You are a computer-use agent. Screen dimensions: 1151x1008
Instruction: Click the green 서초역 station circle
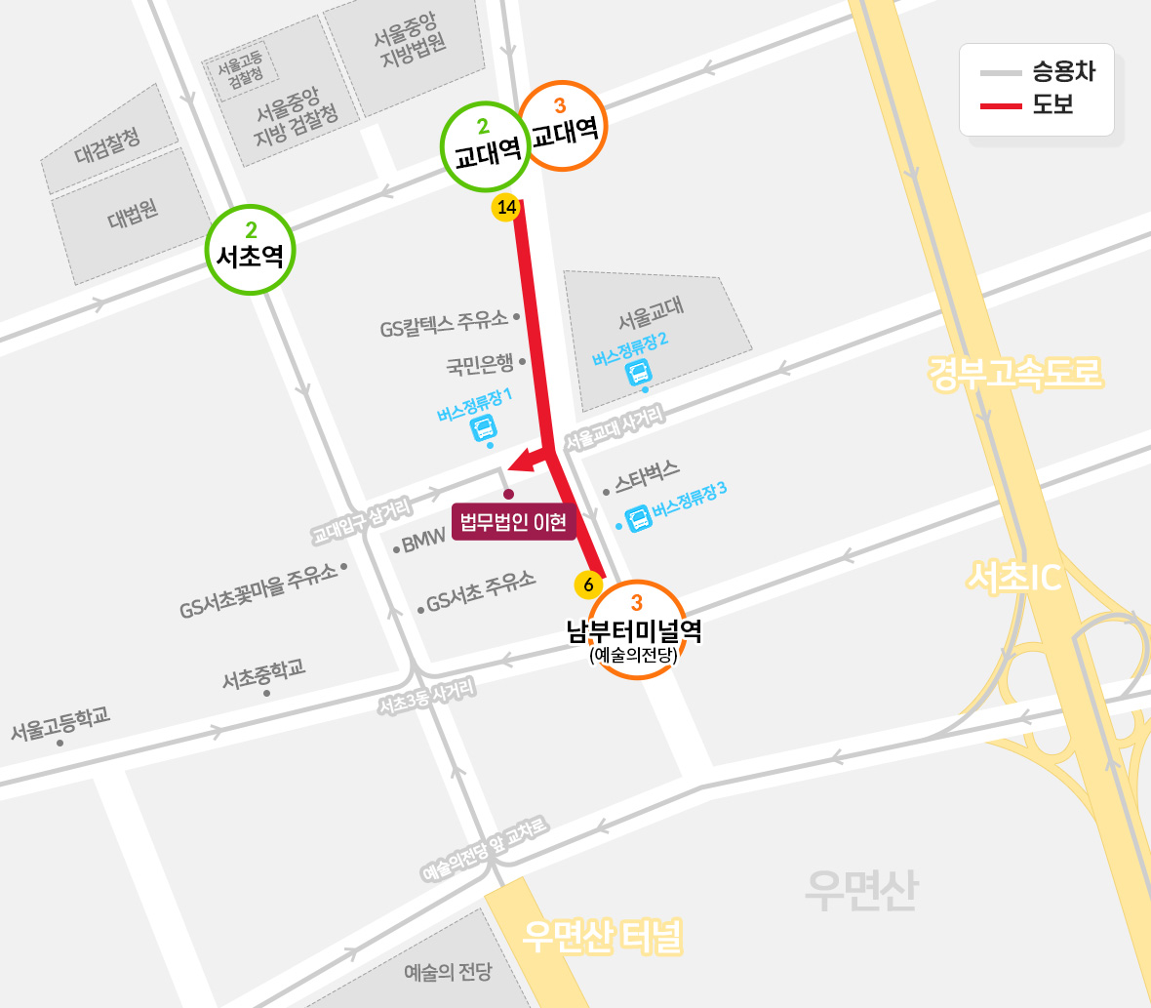(251, 251)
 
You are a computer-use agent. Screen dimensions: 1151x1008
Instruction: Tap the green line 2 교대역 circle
(486, 146)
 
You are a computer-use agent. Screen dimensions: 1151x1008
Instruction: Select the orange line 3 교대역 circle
(563, 126)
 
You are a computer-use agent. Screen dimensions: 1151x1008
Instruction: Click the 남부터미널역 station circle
(636, 629)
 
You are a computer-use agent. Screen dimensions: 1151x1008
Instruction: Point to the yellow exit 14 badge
(506, 207)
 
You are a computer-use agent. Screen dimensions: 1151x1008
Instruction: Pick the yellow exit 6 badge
(588, 585)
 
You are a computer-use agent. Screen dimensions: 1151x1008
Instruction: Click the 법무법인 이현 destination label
(513, 522)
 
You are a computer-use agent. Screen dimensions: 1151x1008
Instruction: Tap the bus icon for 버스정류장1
(484, 427)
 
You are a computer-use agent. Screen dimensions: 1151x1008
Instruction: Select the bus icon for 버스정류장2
(638, 372)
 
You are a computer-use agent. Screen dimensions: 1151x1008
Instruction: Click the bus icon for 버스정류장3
(639, 517)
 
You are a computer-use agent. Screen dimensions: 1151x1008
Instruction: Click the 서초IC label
(1014, 578)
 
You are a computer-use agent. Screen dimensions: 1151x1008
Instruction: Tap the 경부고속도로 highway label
(1014, 373)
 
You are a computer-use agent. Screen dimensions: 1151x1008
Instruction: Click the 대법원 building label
(134, 214)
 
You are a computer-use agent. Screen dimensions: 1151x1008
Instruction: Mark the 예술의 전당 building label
(448, 972)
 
